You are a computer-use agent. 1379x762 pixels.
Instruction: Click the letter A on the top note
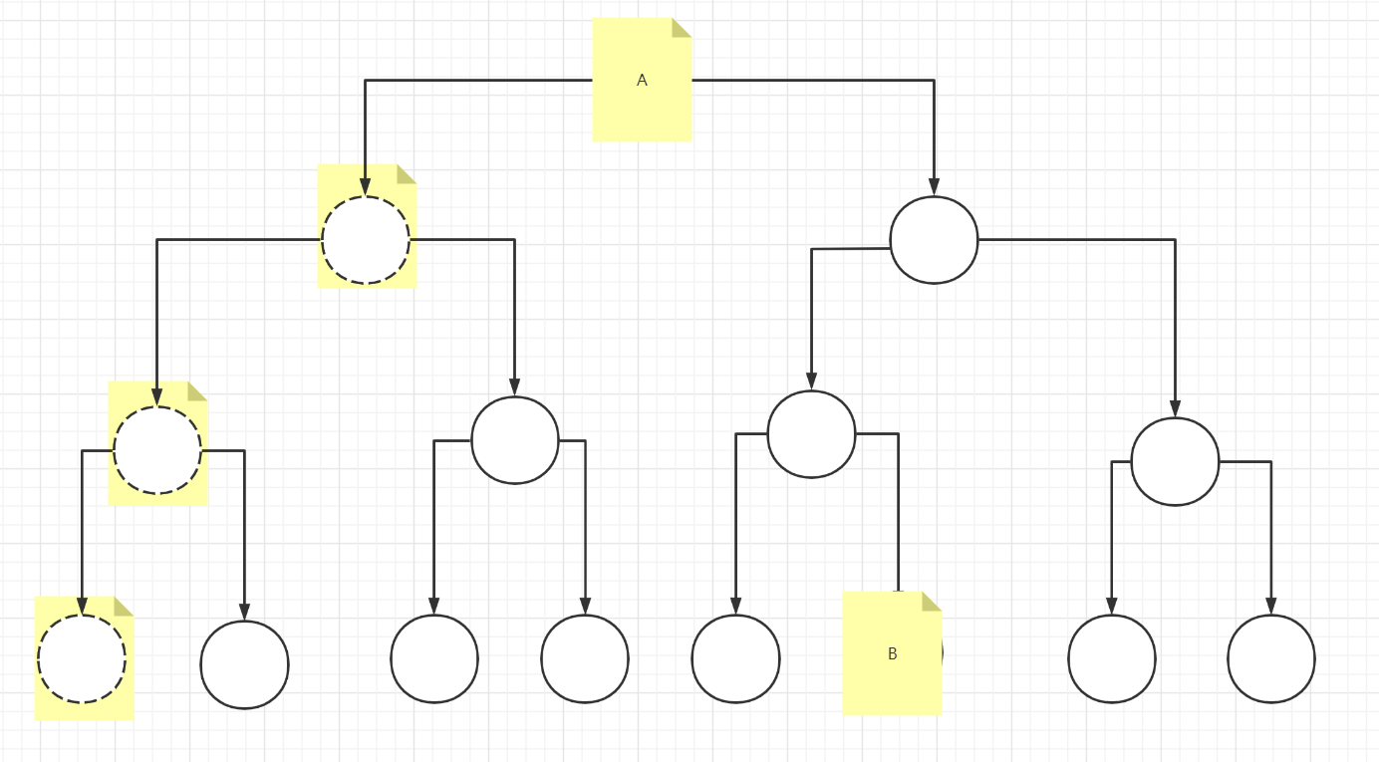tap(642, 81)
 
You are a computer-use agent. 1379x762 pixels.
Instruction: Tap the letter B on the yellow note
tap(892, 654)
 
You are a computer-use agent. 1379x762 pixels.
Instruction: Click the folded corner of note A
tap(682, 27)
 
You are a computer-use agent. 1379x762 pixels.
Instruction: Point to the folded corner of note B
tap(932, 601)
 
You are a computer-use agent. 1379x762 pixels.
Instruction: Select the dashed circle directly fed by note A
tap(366, 240)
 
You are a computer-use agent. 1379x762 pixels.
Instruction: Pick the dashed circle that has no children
tap(82, 658)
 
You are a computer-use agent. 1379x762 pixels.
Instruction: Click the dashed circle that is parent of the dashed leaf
tap(157, 450)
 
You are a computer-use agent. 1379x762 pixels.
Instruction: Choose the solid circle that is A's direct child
tap(934, 240)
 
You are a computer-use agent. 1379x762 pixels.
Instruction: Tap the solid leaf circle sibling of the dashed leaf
tap(244, 664)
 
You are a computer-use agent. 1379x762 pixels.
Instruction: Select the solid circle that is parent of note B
tap(811, 434)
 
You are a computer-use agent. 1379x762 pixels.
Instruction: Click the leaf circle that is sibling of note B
tap(735, 658)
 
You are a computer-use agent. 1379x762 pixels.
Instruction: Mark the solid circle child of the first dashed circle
tap(514, 440)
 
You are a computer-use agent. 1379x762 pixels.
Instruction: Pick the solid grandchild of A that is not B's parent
tap(1175, 461)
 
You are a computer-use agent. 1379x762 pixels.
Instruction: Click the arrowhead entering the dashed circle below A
tap(366, 187)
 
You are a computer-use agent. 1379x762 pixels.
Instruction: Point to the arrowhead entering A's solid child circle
tap(934, 187)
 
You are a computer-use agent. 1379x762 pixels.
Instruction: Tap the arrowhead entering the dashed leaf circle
tap(82, 606)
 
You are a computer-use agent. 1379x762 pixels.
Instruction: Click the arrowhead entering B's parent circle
tap(811, 381)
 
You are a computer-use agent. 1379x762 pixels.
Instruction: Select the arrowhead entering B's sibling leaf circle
tap(735, 606)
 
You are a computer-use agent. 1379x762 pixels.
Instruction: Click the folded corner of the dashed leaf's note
tap(124, 606)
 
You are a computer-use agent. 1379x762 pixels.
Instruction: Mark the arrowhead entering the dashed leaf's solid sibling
tap(244, 612)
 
